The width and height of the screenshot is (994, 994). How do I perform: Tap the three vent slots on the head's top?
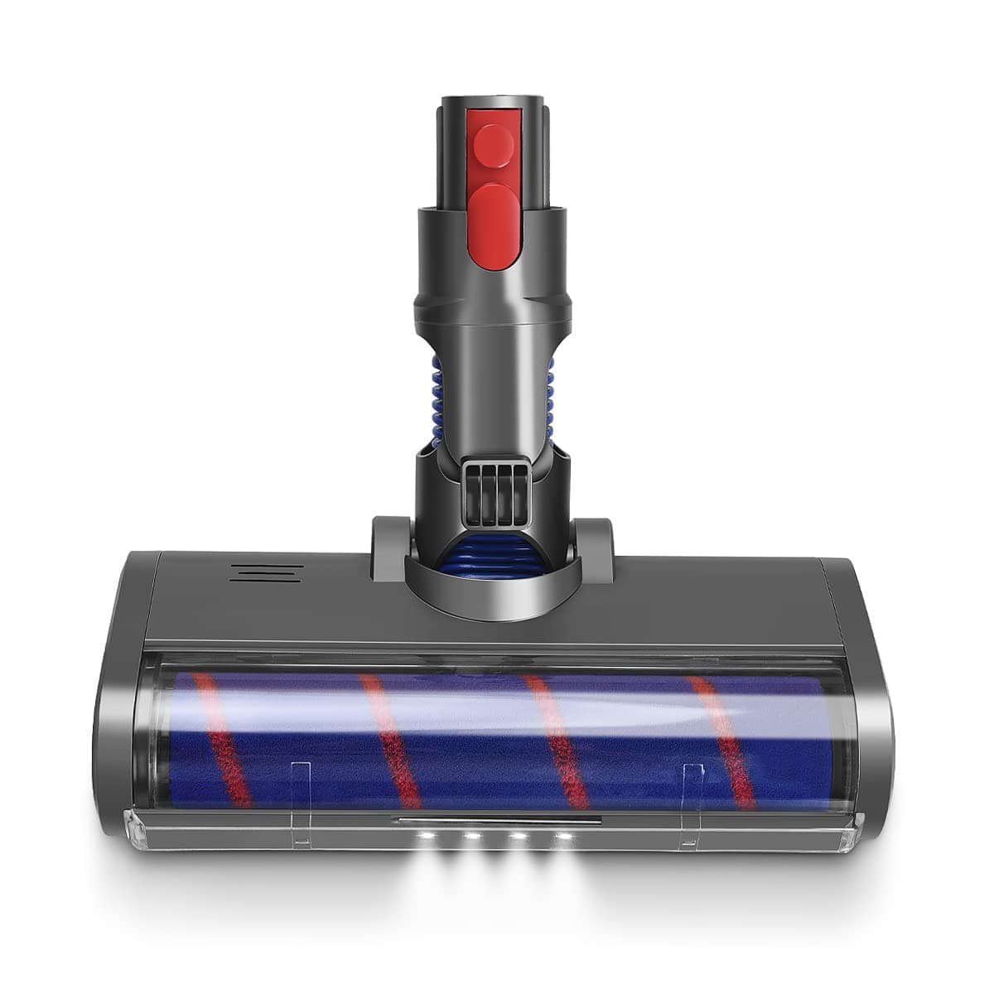[266, 572]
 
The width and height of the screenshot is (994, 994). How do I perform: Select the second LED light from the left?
[473, 838]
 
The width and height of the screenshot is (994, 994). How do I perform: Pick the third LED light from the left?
[519, 838]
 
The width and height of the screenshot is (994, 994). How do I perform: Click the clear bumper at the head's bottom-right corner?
[855, 831]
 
